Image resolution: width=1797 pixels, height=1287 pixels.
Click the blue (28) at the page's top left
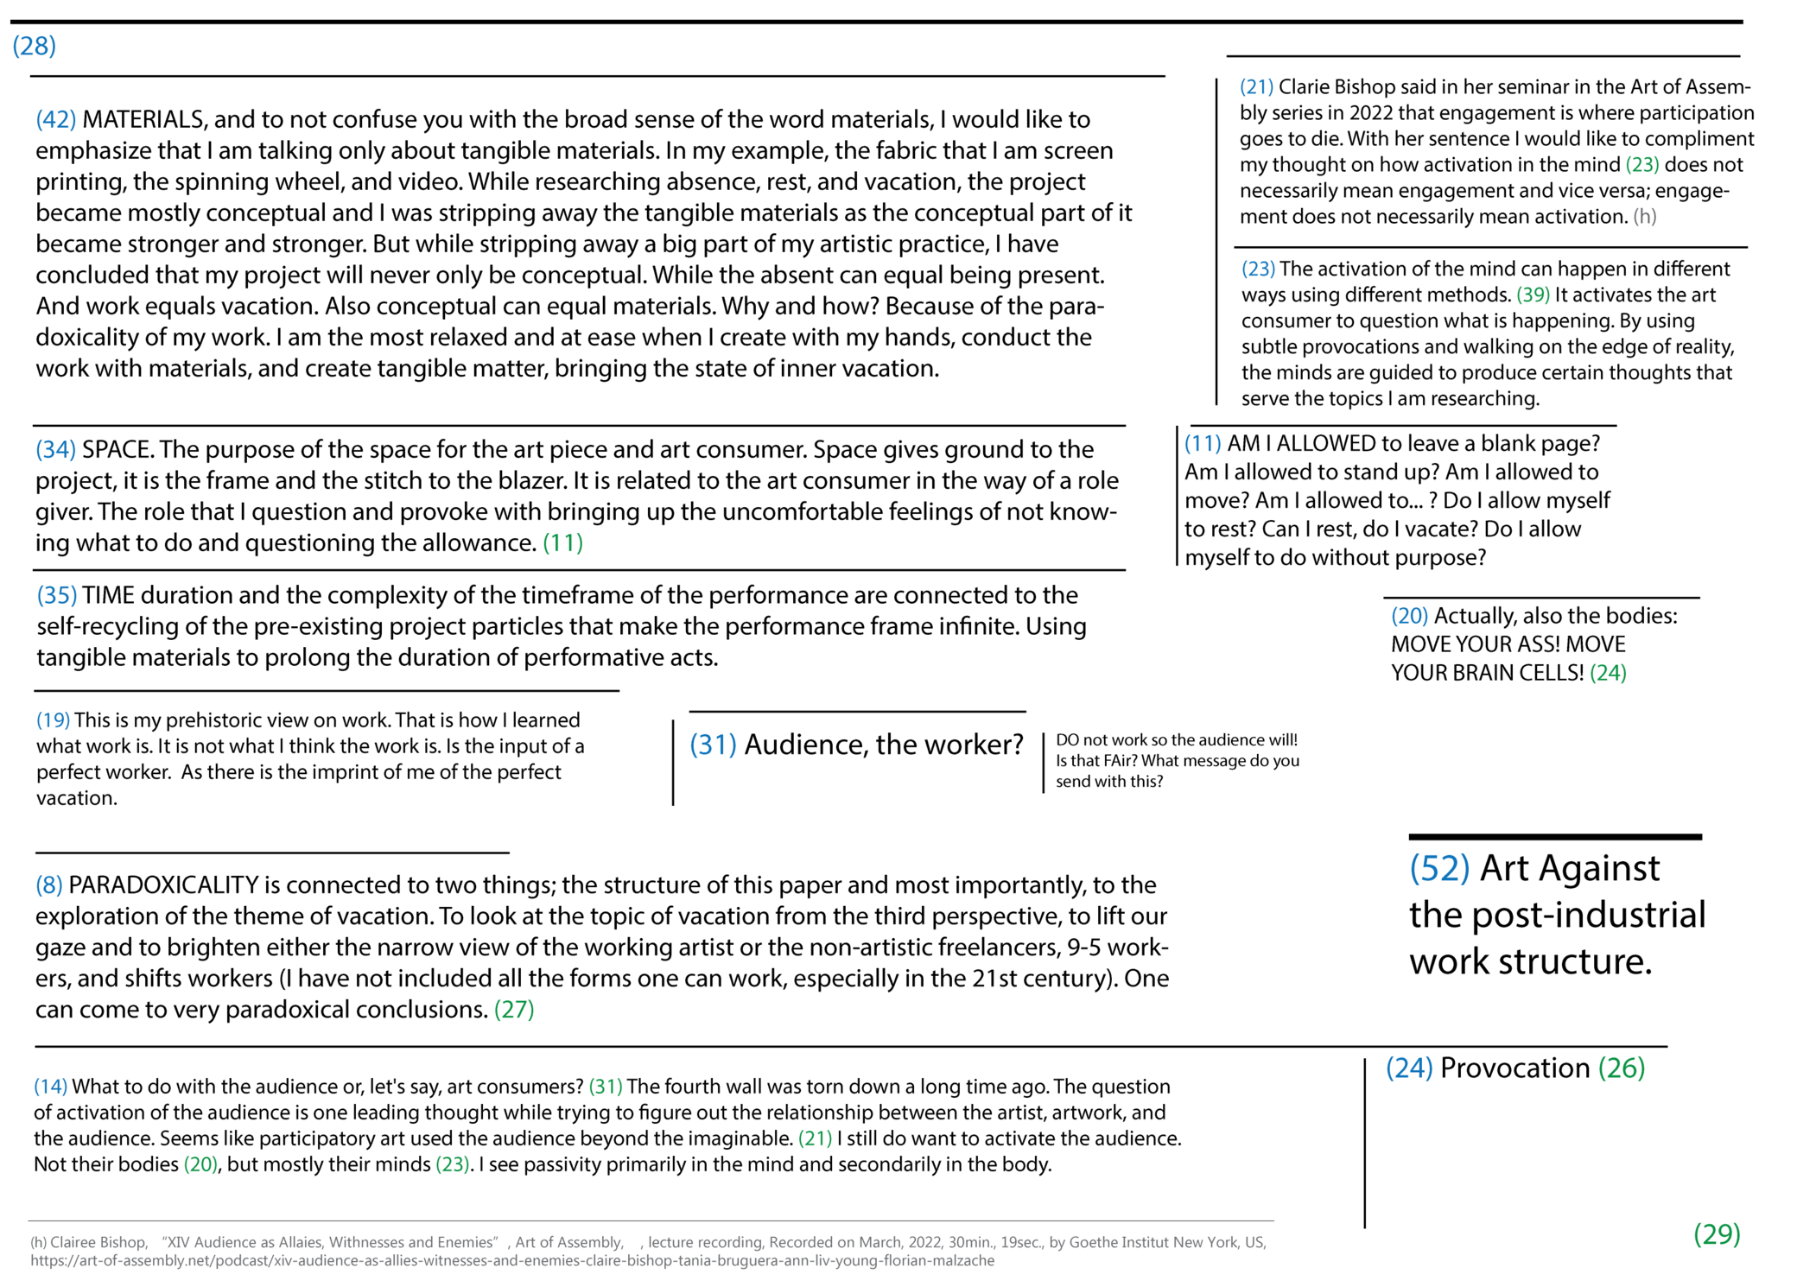click(35, 46)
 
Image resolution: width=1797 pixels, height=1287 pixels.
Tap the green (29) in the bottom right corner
click(1716, 1233)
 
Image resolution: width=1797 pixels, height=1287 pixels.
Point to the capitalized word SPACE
click(117, 449)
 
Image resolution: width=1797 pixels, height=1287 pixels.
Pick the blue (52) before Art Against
click(1439, 868)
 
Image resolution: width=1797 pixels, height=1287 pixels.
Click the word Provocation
click(1514, 1068)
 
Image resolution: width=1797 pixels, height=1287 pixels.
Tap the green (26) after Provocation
click(1622, 1068)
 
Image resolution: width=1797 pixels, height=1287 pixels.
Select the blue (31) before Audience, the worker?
click(713, 745)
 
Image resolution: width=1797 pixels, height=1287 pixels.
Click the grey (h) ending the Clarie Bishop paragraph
click(1644, 216)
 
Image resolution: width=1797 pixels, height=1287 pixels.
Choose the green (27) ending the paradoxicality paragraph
click(513, 1009)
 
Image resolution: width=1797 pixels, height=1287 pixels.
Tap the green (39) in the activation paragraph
click(1533, 295)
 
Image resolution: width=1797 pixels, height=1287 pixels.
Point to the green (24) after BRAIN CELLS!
click(1608, 672)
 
